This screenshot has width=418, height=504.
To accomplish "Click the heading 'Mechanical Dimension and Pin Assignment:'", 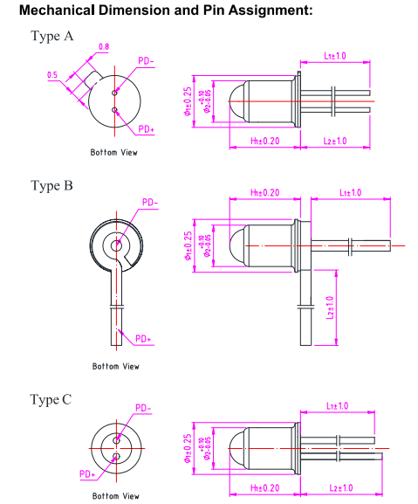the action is (166, 10).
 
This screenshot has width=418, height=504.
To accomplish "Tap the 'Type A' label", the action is (52, 36).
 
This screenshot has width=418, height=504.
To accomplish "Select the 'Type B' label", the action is (51, 186).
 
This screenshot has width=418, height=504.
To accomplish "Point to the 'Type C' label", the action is (51, 399).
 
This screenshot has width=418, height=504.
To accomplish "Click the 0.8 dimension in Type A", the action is (104, 47).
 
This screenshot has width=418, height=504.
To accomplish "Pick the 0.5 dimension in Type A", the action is (52, 75).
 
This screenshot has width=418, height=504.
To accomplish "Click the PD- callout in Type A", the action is (146, 61).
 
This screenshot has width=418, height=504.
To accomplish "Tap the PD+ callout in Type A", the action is (147, 129).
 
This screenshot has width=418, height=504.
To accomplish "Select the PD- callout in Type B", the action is (150, 203).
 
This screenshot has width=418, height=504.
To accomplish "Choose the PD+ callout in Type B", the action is (143, 339).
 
